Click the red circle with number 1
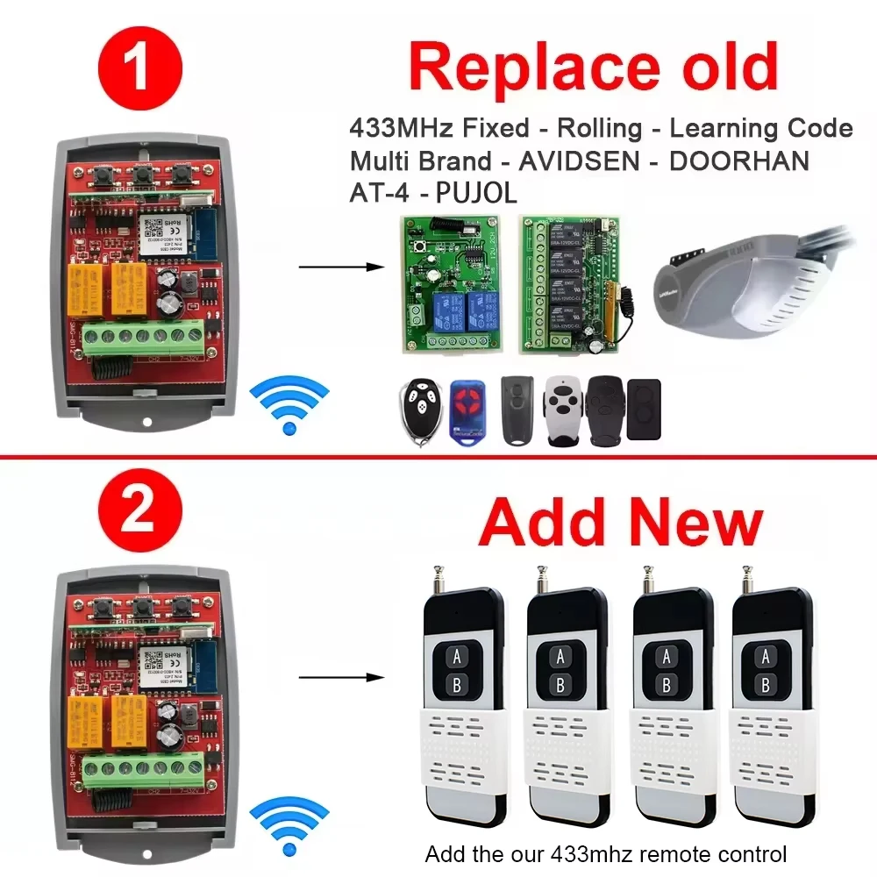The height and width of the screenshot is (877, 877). pos(137,70)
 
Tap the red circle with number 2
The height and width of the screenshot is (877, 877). pos(137,513)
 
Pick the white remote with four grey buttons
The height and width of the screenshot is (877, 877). pos(562,410)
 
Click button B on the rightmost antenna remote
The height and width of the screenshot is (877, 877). pos(766,684)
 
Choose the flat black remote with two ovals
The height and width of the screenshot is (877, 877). pos(645,410)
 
